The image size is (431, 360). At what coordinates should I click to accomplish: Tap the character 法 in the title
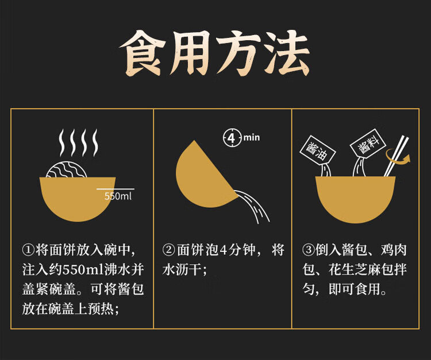287,53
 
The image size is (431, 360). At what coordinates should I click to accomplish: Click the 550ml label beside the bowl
118,196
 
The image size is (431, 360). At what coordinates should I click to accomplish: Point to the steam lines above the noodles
79,142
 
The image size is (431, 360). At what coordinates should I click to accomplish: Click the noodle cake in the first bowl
67,169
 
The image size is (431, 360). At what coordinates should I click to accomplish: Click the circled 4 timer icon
232,137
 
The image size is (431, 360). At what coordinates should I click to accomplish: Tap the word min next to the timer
252,137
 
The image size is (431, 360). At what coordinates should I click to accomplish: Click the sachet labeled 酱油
317,150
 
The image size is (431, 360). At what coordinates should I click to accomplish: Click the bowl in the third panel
355,199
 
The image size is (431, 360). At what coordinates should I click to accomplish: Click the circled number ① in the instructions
28,250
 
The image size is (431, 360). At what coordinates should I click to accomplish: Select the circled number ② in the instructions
168,250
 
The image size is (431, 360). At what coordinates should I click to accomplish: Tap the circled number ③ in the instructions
308,250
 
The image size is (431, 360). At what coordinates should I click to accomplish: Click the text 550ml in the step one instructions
83,270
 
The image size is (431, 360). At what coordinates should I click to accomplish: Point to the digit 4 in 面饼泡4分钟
224,250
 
